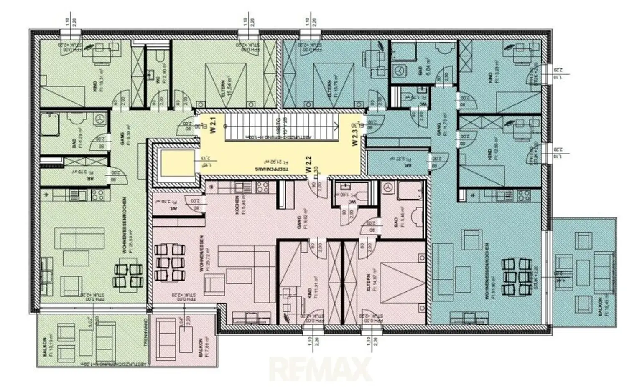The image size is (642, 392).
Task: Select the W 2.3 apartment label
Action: [x=355, y=137]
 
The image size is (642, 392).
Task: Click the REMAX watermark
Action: [x=321, y=369]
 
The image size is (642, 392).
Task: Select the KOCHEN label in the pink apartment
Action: [x=237, y=205]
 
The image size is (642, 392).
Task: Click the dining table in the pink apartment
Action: [x=169, y=262]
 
